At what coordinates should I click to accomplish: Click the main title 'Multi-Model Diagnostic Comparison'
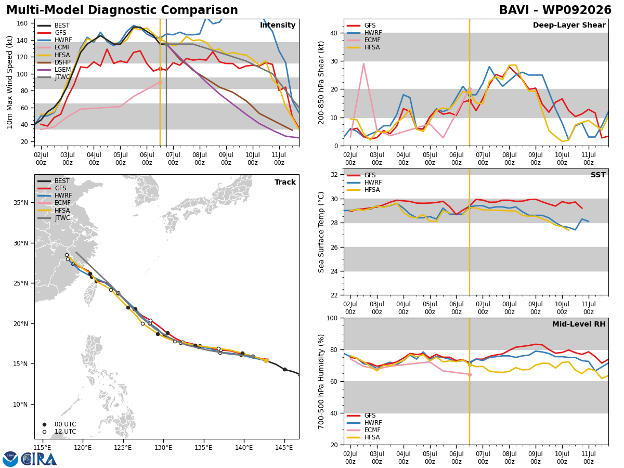tap(122, 10)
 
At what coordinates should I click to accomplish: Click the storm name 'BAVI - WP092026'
tap(555, 10)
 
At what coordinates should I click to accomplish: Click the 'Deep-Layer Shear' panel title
tap(569, 25)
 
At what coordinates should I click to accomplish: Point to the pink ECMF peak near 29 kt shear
tap(363, 64)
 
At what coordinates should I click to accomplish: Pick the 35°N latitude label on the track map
tap(21, 203)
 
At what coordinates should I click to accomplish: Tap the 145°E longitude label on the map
tap(284, 448)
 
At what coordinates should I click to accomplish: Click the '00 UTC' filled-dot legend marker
tap(44, 424)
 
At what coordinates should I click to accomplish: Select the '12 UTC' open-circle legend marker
tap(44, 432)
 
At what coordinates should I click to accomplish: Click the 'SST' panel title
tap(598, 175)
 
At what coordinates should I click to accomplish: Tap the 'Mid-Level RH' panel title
tap(579, 324)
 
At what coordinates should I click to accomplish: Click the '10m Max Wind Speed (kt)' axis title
tap(9, 82)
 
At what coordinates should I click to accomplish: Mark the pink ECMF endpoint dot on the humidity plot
tap(470, 374)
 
